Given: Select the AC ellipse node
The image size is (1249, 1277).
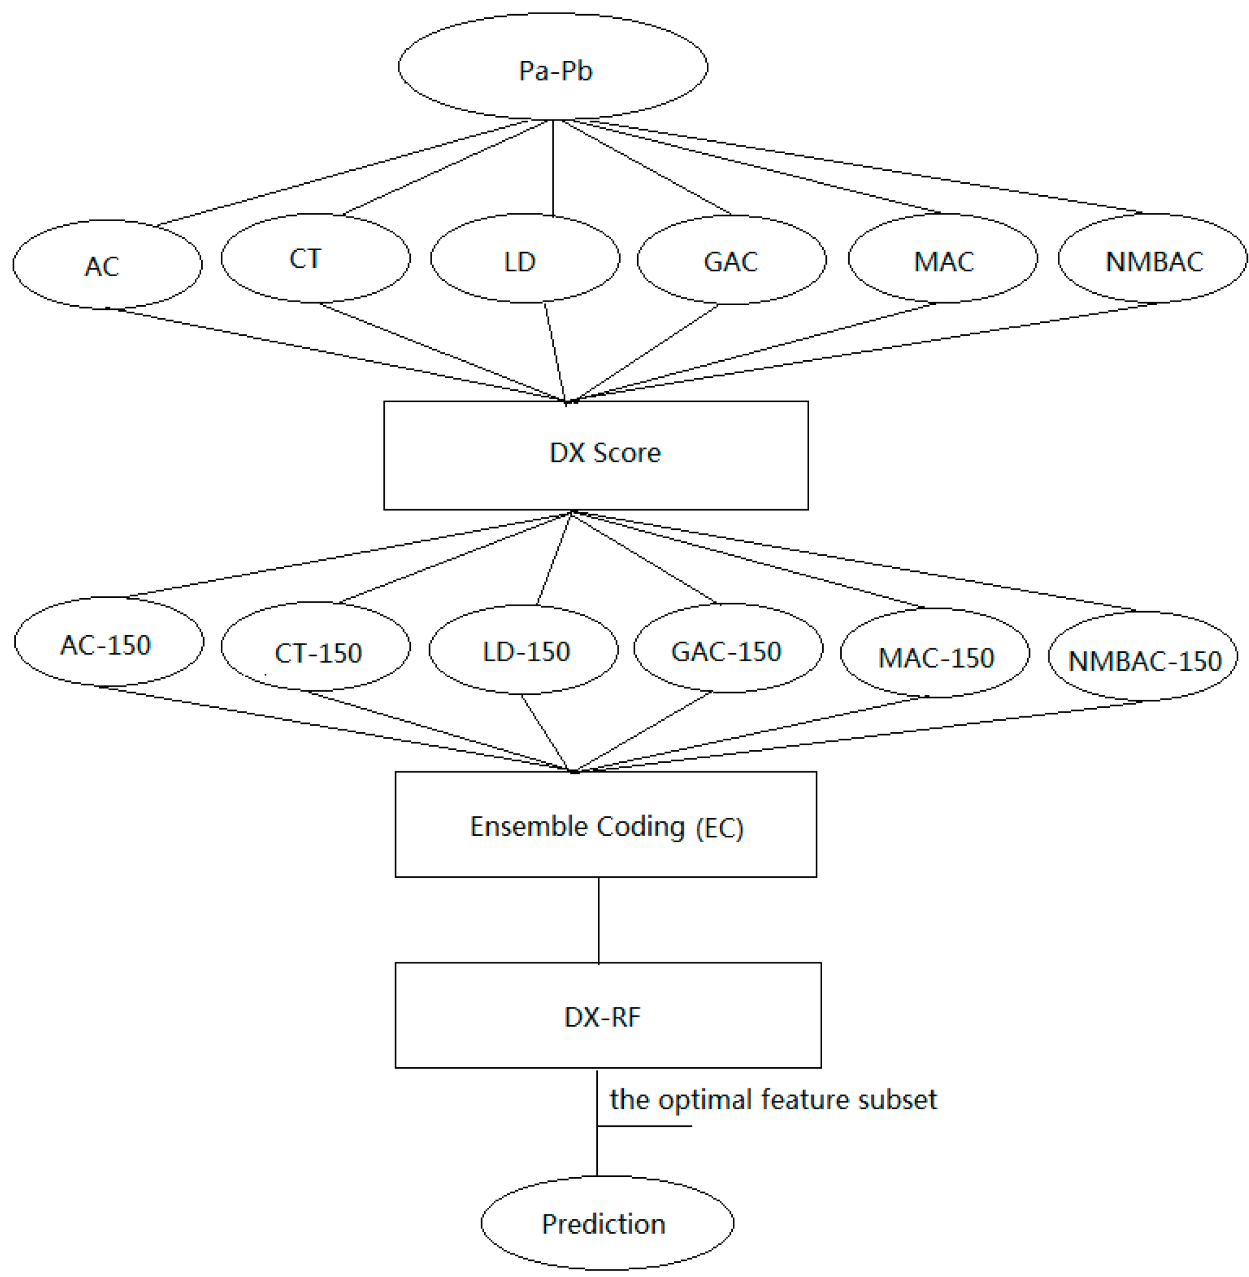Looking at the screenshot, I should (x=107, y=264).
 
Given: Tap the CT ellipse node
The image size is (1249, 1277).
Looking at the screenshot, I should (x=315, y=258).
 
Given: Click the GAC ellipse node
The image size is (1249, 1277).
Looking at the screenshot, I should (x=731, y=260).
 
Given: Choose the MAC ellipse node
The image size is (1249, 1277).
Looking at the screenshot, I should (x=942, y=259).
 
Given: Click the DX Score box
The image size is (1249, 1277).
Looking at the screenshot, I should (x=595, y=455).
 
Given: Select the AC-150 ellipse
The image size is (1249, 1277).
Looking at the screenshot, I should (x=108, y=642).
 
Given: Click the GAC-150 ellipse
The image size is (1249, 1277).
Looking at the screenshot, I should (x=727, y=648).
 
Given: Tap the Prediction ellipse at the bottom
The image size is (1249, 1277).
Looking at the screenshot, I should (x=607, y=1223).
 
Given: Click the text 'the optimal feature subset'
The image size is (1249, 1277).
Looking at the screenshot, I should (x=772, y=1100).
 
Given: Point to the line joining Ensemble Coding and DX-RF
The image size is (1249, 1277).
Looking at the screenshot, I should (x=598, y=919).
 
